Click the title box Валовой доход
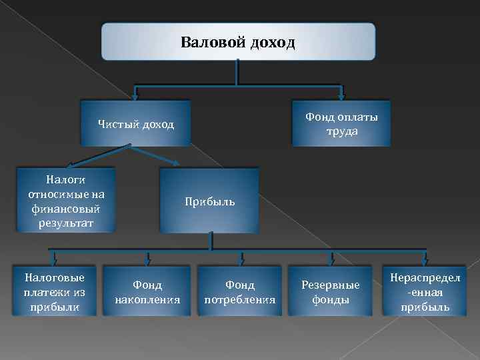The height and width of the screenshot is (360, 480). [238, 42]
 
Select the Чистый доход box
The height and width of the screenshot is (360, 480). [135, 123]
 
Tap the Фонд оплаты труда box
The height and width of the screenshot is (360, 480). [341, 123]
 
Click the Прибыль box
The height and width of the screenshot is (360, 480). [209, 201]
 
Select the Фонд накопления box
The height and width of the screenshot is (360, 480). [147, 292]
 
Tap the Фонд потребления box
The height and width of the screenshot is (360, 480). [240, 292]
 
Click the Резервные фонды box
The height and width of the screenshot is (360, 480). [331, 292]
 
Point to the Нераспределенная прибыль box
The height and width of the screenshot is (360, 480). [425, 292]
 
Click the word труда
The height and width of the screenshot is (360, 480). [342, 131]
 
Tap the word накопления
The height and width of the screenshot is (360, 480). [147, 300]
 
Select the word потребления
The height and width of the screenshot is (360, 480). [240, 300]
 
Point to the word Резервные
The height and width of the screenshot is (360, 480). [331, 285]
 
